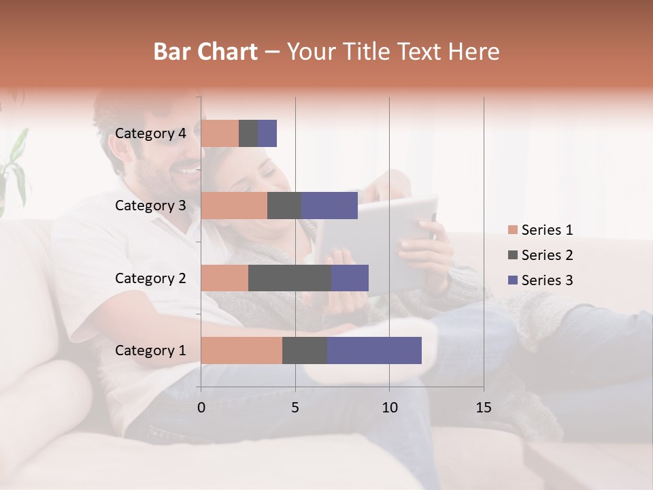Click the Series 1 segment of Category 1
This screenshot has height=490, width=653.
(241, 350)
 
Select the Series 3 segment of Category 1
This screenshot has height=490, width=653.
(374, 350)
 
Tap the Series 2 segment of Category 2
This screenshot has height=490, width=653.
(290, 278)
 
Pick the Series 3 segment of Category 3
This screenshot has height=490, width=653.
(329, 206)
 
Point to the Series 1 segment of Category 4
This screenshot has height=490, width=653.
(220, 133)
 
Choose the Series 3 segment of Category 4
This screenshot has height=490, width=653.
(267, 133)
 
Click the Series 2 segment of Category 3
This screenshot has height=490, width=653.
(284, 206)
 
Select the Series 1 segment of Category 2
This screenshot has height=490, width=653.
(224, 278)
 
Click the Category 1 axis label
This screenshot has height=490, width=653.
(150, 350)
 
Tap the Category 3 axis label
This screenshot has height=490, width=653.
(150, 206)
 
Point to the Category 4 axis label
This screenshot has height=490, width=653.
(150, 133)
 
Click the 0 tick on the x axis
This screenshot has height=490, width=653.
(201, 408)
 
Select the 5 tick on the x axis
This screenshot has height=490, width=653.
(295, 408)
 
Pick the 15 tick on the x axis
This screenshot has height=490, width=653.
(484, 408)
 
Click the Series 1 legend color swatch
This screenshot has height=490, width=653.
(512, 230)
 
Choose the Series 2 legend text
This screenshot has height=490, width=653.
(547, 255)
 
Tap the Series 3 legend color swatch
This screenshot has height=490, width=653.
(512, 280)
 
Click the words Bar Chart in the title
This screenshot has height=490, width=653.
(205, 52)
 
